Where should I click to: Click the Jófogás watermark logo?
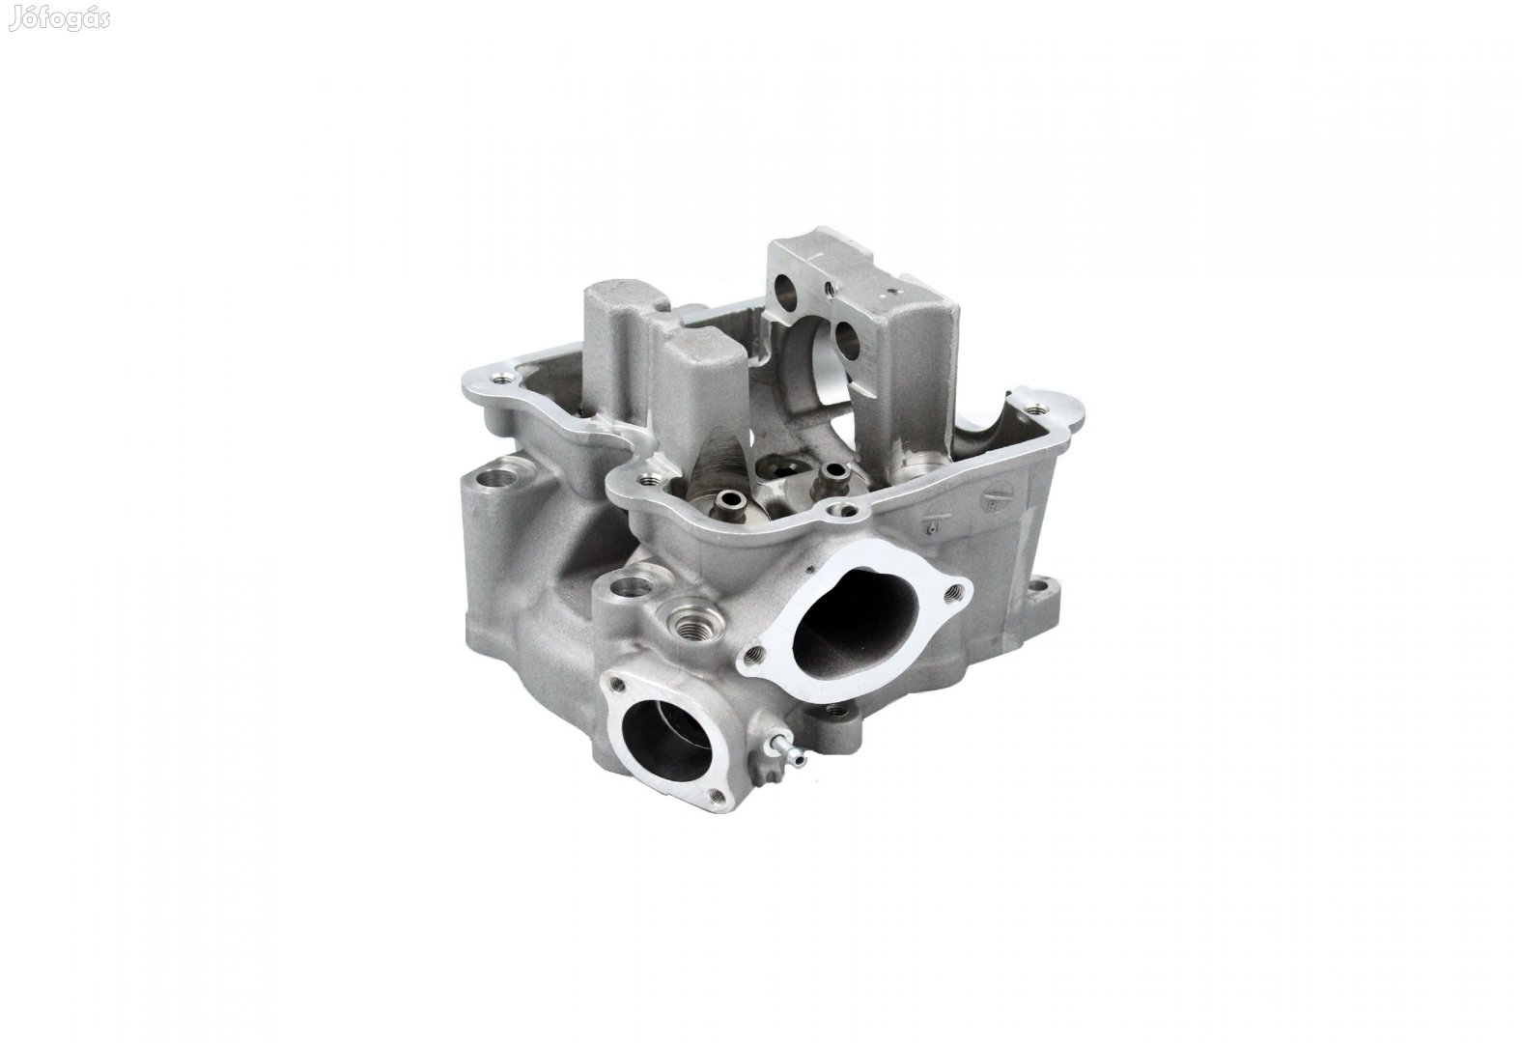[x=60, y=19]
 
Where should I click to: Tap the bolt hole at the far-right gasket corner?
[x=1037, y=409]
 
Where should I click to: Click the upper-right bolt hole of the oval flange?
[x=956, y=593]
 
